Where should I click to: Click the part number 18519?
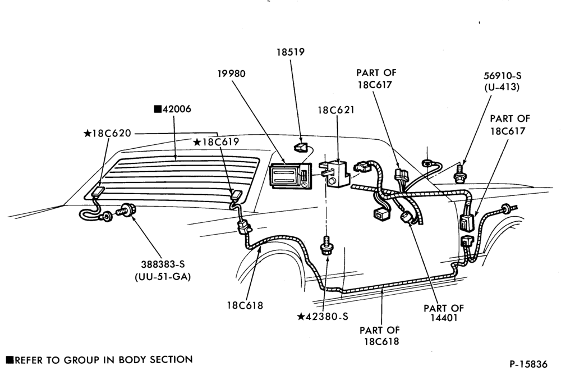coord(290,52)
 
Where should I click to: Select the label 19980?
coord(232,74)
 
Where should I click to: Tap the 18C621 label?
coord(336,110)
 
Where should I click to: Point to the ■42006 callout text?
coord(172,109)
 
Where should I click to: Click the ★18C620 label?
coord(107,133)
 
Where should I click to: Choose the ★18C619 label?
coord(216,142)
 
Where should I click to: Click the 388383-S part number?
coord(163,264)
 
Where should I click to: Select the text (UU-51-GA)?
coord(163,277)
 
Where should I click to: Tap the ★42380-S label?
coord(323,317)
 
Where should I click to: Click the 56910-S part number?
coord(502,76)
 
